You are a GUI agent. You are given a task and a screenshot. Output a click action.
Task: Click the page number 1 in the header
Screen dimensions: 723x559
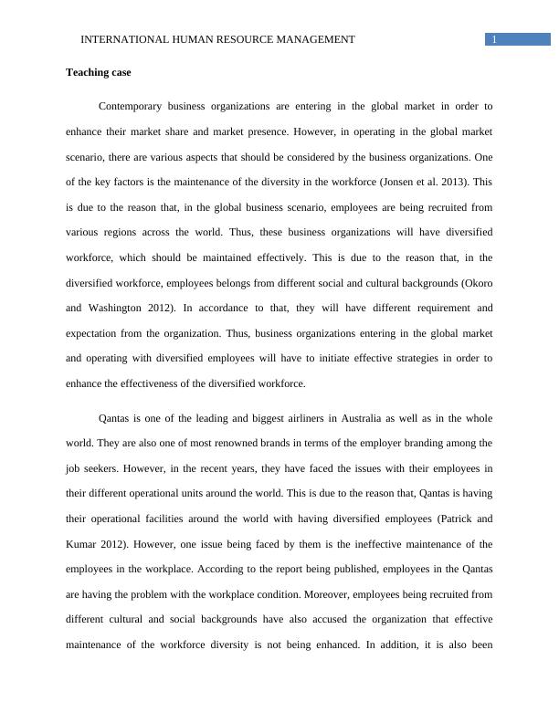(x=494, y=39)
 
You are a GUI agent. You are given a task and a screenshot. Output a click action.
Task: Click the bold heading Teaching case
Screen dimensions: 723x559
(x=100, y=72)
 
